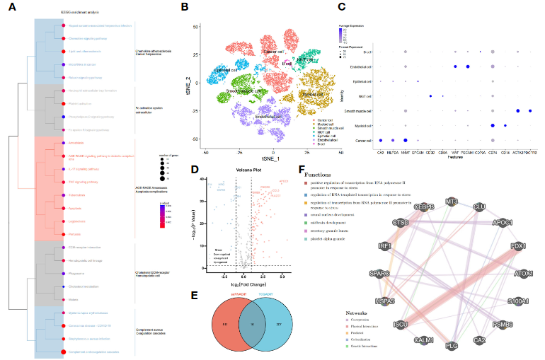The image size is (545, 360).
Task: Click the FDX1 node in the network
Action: [x=503, y=248]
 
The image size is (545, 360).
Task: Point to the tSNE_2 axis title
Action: [x=188, y=86]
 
